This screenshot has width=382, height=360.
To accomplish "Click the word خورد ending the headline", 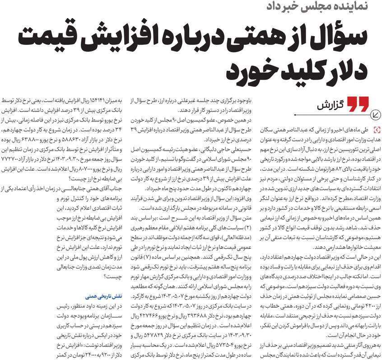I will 243,72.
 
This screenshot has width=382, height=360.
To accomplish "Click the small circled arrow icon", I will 375,113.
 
